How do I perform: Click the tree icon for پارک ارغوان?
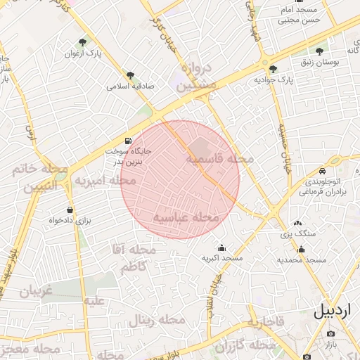tap(84, 42)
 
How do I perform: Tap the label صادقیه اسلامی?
tap(130, 86)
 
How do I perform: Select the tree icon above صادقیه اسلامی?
tap(130, 75)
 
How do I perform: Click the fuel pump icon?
tap(127, 140)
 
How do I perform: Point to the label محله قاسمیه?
tap(219, 160)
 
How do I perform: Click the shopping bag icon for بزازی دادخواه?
tap(70, 210)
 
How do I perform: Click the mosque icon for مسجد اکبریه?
tap(222, 247)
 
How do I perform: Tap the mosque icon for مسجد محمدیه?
tap(302, 249)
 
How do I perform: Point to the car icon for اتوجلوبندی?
tap(322, 171)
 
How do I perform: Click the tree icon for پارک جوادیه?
tap(273, 69)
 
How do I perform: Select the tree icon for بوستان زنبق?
tap(320, 51)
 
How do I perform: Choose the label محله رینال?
tap(156, 321)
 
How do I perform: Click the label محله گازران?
tap(246, 346)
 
